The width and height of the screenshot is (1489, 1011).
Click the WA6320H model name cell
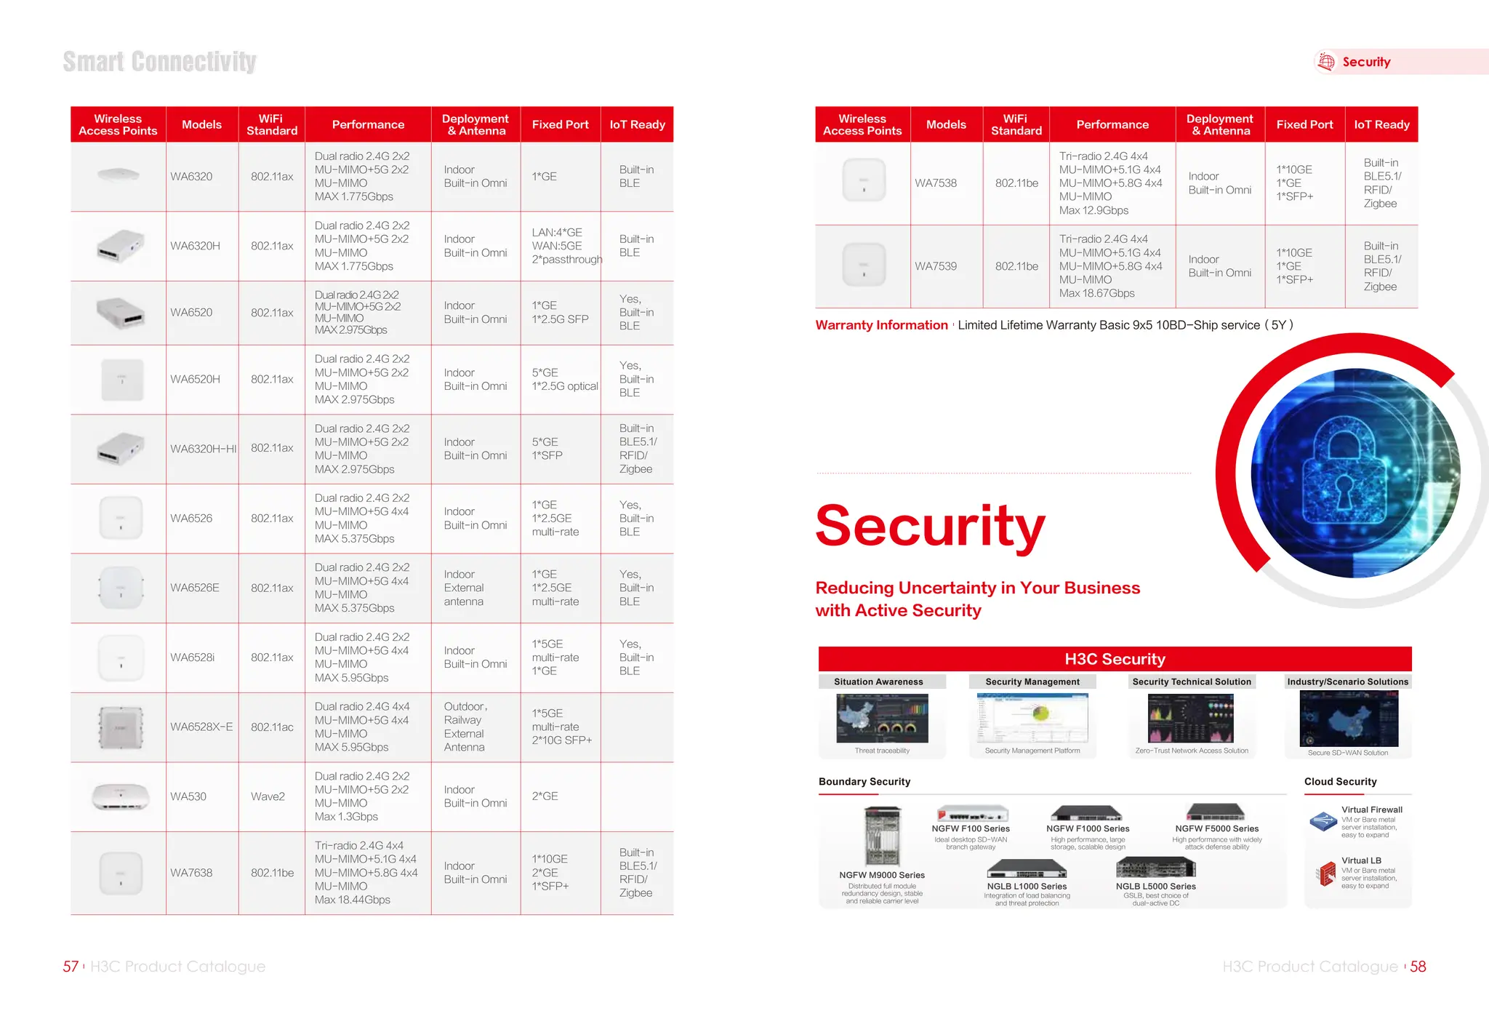click(195, 246)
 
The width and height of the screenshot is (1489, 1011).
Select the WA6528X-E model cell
click(201, 727)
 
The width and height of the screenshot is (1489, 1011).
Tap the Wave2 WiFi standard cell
click(268, 796)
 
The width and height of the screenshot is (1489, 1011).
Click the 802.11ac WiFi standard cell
click(272, 727)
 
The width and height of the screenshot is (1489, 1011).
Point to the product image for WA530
click(121, 796)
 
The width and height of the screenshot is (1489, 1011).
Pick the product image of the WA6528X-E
click(121, 727)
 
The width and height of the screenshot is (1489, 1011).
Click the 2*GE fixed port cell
click(545, 796)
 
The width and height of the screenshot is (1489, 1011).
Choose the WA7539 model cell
click(936, 266)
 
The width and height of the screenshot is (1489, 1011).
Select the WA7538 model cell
click(936, 183)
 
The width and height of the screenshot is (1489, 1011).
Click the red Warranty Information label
click(881, 325)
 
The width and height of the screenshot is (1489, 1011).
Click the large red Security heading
click(930, 526)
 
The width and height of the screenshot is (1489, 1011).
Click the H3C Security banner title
click(1115, 659)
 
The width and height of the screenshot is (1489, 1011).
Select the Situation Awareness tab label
click(878, 682)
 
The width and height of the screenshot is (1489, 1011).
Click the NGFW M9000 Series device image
click(882, 836)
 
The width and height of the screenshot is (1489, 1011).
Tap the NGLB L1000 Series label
click(1027, 887)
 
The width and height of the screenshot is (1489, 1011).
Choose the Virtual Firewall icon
click(1323, 822)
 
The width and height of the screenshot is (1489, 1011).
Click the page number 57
click(71, 967)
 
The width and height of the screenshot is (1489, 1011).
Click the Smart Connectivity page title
click(159, 62)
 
